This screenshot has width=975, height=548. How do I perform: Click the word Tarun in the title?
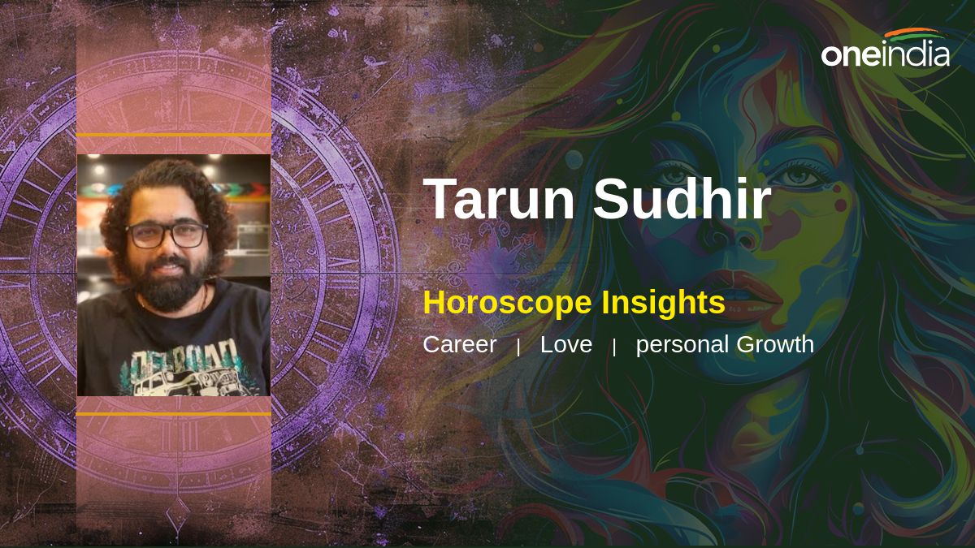[x=499, y=199]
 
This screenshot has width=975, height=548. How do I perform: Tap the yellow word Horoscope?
[x=508, y=304]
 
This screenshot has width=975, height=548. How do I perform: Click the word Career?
[x=460, y=344]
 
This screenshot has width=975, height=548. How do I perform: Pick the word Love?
[x=565, y=344]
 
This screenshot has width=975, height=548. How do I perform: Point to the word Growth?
[x=775, y=344]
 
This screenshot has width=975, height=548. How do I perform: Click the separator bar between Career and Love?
[x=518, y=347]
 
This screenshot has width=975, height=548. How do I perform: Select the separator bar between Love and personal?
[x=613, y=347]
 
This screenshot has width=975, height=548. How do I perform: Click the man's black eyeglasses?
[x=167, y=235]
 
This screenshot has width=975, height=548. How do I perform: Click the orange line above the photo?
[x=174, y=136]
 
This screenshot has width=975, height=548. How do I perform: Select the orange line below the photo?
[x=174, y=413]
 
